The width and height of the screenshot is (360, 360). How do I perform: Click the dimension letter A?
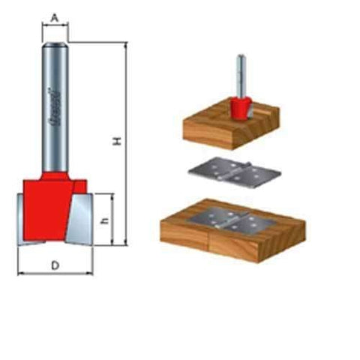[x=55, y=14]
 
